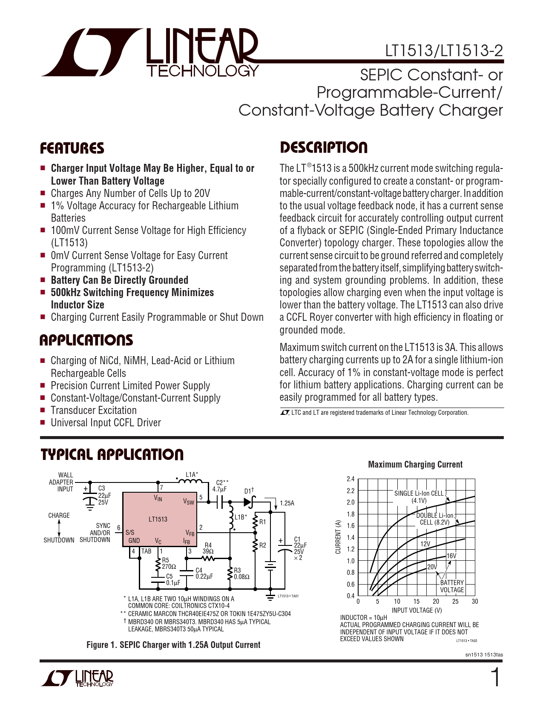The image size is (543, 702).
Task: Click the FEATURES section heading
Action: click(x=72, y=148)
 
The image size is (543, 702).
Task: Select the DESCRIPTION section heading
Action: click(x=323, y=148)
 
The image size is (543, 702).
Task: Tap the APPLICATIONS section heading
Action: click(x=86, y=340)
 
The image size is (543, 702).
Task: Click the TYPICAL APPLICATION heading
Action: click(x=112, y=454)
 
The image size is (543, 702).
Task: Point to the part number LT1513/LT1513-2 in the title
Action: click(x=444, y=51)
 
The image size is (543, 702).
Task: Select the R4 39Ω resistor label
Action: click(x=208, y=548)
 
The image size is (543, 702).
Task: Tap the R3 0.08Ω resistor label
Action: click(x=241, y=574)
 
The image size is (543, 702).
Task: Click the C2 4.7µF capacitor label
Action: click(x=221, y=486)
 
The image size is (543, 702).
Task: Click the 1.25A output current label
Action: click(x=287, y=503)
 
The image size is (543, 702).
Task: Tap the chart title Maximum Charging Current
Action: click(x=415, y=465)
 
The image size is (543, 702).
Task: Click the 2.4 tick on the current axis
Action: click(x=351, y=479)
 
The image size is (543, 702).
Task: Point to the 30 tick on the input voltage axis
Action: click(x=475, y=602)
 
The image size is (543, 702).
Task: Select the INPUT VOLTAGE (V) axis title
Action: click(x=417, y=610)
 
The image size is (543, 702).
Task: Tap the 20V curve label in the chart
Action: click(x=432, y=567)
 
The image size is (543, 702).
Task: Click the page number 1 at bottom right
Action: click(x=495, y=678)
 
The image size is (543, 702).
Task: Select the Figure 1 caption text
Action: click(x=173, y=645)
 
